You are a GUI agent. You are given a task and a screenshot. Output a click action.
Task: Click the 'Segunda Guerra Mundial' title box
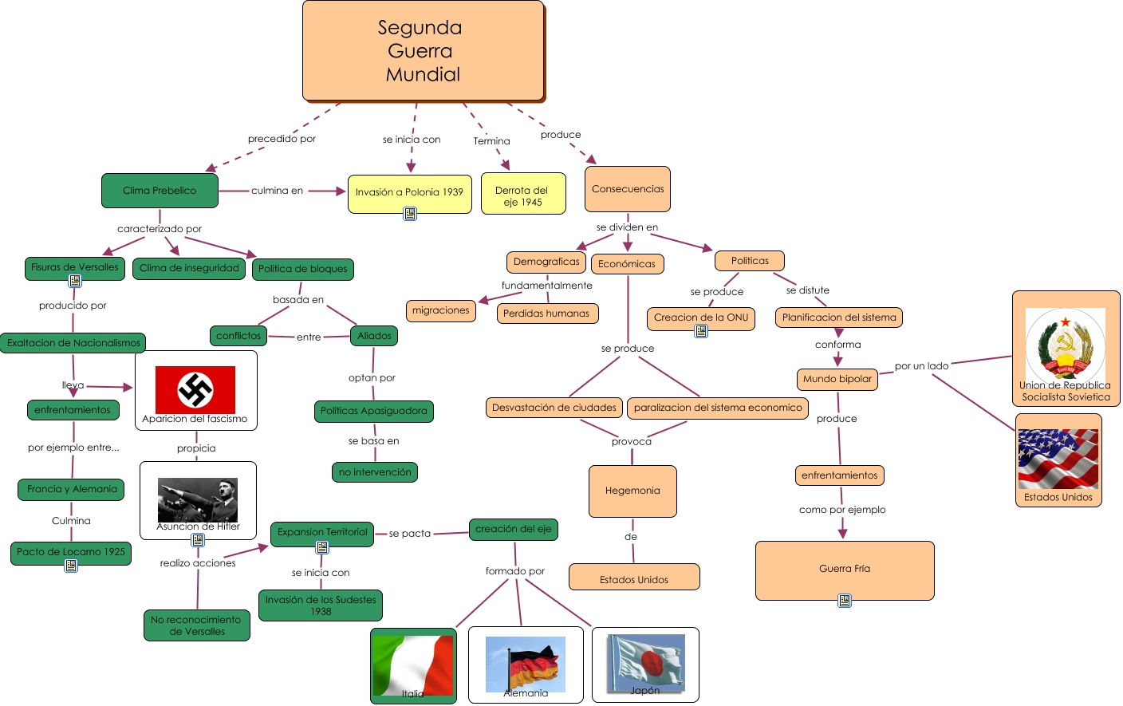point(423,51)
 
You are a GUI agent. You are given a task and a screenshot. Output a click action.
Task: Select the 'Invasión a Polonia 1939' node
point(409,192)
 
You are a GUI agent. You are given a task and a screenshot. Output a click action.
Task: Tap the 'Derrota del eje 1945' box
point(523,195)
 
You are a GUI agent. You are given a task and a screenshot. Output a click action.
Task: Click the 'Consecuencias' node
point(628,189)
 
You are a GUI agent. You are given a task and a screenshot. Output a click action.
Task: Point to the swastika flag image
point(195,389)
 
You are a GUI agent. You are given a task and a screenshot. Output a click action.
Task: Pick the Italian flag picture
point(413,665)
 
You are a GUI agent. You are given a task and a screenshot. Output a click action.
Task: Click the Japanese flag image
point(646,662)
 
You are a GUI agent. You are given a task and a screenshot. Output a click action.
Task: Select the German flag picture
point(526,664)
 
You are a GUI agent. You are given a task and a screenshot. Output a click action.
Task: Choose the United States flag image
point(1058,459)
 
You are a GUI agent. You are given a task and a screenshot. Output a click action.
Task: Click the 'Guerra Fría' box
point(845,570)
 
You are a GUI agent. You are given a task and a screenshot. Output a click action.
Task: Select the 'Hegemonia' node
point(632,491)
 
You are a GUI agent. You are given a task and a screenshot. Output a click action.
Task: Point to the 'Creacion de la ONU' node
point(701,318)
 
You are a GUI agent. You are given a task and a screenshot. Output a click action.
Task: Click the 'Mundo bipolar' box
point(837,379)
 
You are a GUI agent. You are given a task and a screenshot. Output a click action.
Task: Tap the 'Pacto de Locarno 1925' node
point(71,552)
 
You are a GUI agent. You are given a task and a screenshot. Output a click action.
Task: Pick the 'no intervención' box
point(375,472)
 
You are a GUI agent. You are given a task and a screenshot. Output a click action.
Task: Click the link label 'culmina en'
point(277,191)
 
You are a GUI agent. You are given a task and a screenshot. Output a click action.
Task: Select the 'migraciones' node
point(441,310)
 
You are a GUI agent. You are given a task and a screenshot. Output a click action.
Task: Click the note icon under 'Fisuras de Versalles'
point(75,281)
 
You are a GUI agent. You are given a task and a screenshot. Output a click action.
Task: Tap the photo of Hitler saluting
point(198,499)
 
